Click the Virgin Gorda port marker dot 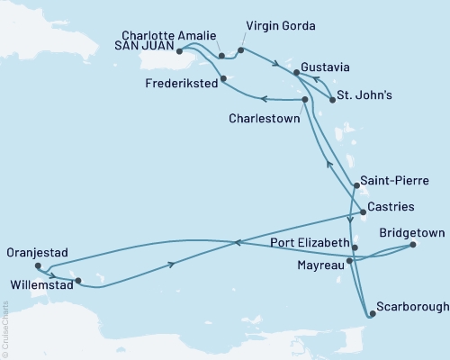click(x=240, y=50)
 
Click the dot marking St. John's click(x=333, y=100)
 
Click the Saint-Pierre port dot click(x=356, y=186)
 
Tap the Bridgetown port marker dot click(x=412, y=245)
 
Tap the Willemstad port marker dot click(x=78, y=281)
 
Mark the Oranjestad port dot click(x=37, y=266)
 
